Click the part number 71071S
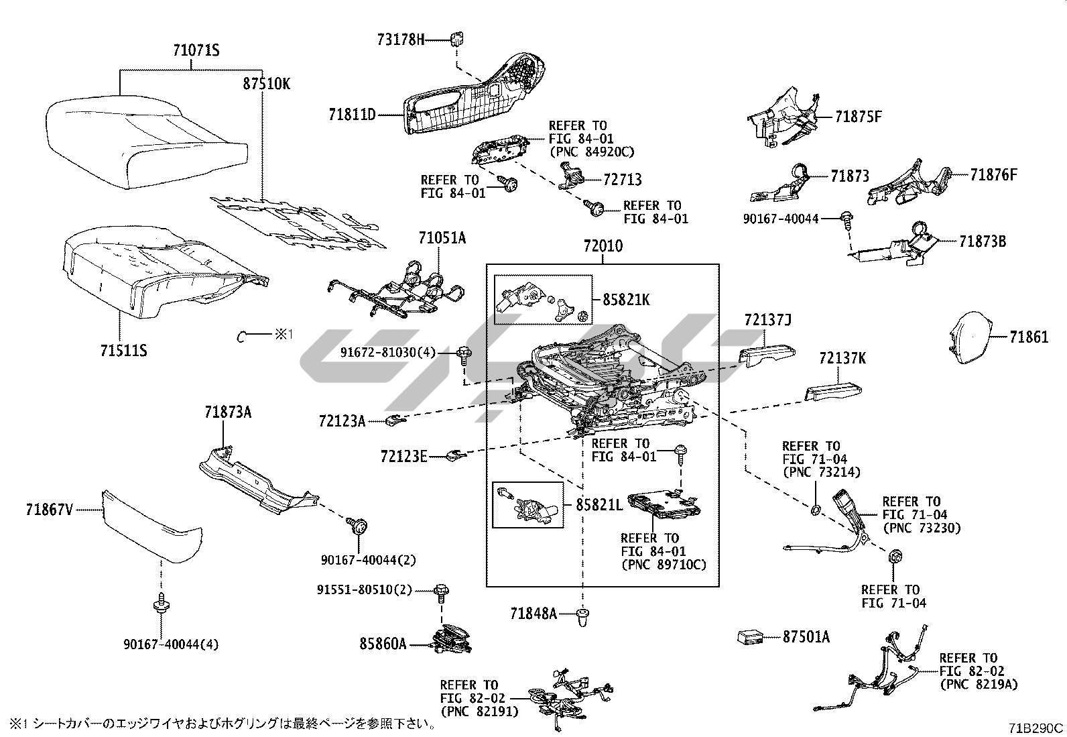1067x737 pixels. (196, 51)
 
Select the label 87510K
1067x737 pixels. (266, 84)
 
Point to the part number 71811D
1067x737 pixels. (352, 115)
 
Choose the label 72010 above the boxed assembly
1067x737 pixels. (603, 246)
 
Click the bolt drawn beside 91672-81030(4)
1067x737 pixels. (463, 353)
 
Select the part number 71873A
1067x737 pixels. (228, 412)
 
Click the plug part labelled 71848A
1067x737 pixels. (583, 615)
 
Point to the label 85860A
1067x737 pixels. (383, 644)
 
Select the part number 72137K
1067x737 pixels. (842, 359)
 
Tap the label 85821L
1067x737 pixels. (599, 505)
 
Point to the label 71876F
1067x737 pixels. (993, 176)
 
